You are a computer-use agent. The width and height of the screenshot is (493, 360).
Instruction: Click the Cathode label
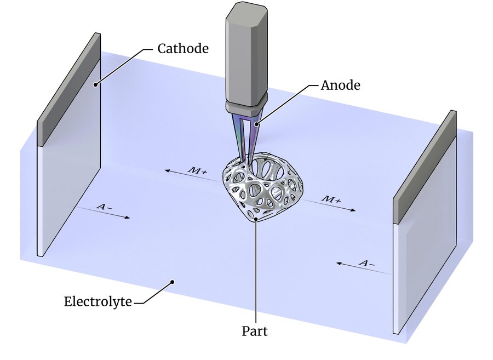pyautogui.click(x=183, y=48)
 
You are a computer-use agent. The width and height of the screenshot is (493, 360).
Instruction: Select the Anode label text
pyautogui.click(x=340, y=85)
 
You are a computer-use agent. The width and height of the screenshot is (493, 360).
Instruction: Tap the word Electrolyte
pyautogui.click(x=98, y=301)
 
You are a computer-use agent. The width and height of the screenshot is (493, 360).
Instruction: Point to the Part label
pyautogui.click(x=255, y=331)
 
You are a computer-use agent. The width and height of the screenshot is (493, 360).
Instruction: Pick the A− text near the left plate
pyautogui.click(x=104, y=207)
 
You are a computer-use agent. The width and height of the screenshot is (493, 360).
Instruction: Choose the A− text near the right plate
pyautogui.click(x=366, y=263)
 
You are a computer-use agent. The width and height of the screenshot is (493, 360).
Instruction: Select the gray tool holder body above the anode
pyautogui.click(x=246, y=54)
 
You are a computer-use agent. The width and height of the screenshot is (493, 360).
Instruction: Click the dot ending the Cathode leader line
pyautogui.click(x=95, y=84)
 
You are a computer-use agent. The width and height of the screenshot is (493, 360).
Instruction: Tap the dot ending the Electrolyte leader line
pyautogui.click(x=172, y=282)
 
